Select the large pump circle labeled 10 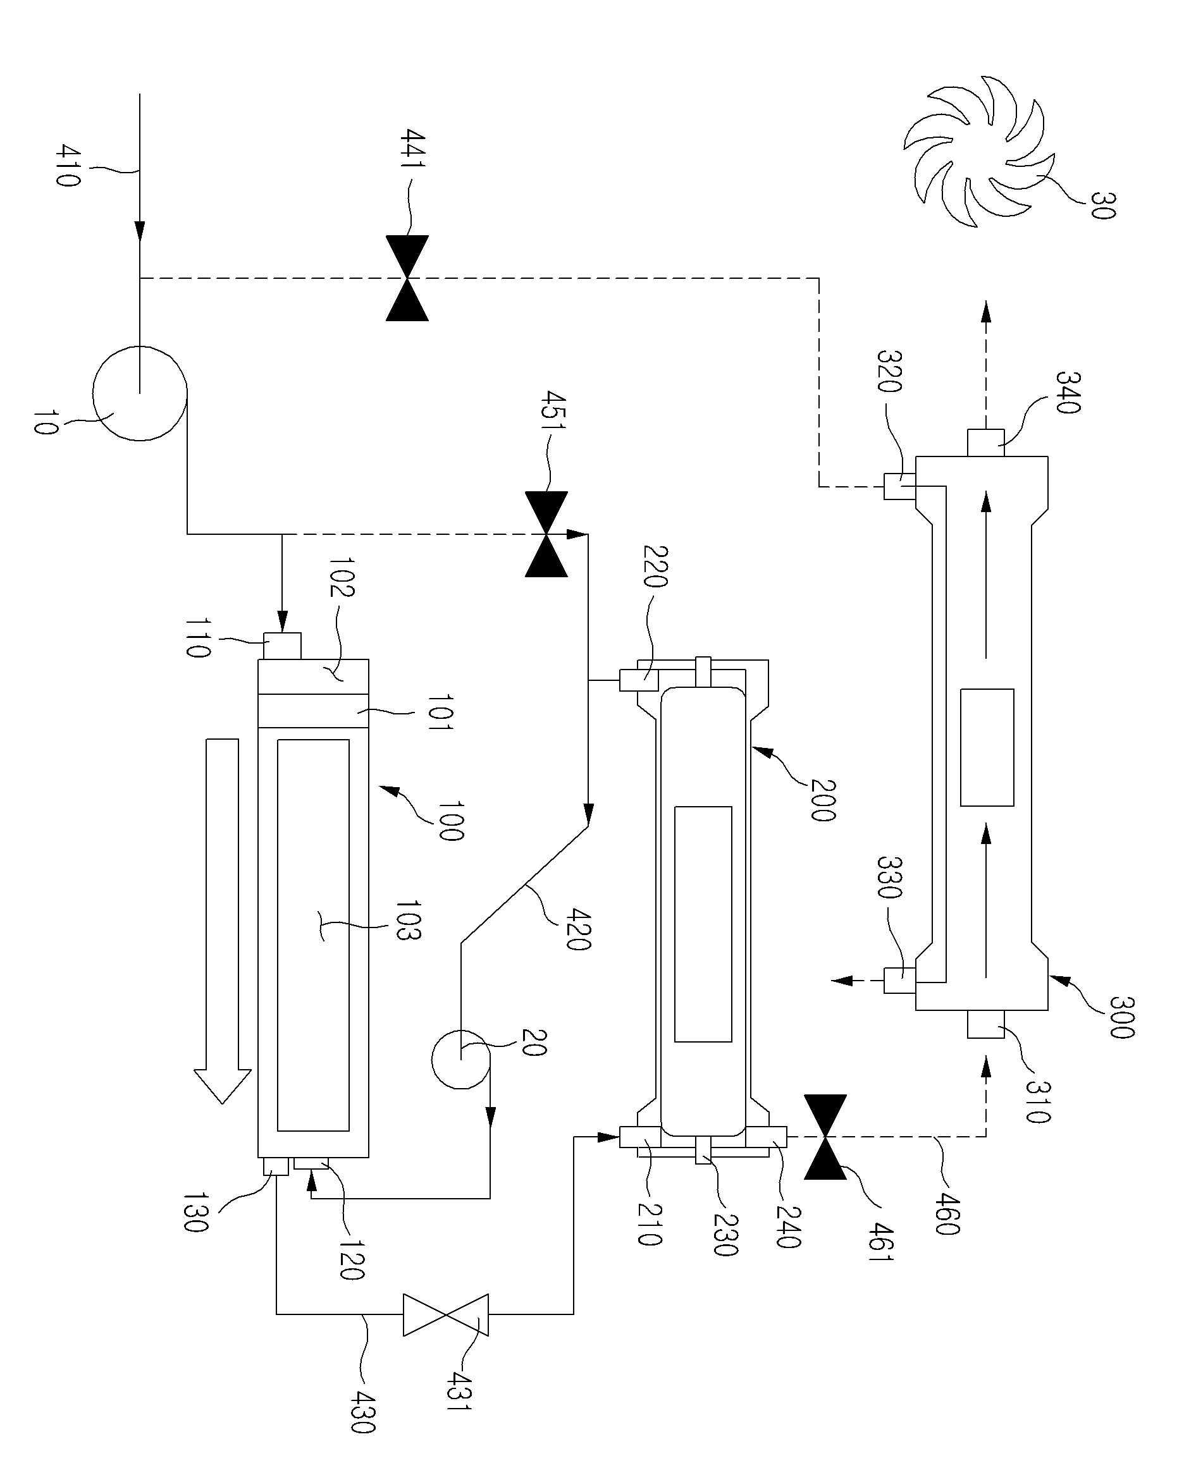click(x=140, y=393)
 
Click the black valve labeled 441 click(x=407, y=278)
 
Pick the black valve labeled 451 click(x=546, y=534)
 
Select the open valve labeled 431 click(x=446, y=1314)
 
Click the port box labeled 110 click(x=282, y=646)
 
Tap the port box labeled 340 click(x=985, y=443)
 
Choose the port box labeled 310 click(x=985, y=1024)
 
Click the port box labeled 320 click(x=899, y=486)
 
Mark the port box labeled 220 click(x=639, y=680)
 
